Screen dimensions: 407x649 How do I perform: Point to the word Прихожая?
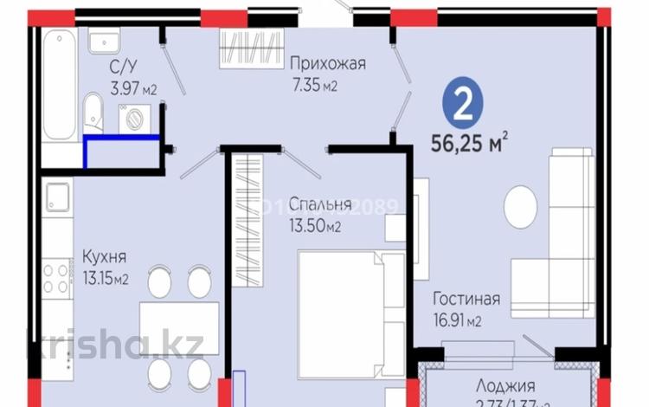click(x=328, y=63)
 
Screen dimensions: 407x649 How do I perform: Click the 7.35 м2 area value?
click(x=313, y=85)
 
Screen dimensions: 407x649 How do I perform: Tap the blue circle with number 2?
click(x=464, y=104)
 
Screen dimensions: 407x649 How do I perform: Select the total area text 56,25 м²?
click(x=468, y=141)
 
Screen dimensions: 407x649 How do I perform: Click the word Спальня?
click(x=319, y=205)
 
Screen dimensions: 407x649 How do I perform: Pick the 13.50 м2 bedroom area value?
click(x=315, y=227)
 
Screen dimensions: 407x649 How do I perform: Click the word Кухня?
click(x=105, y=256)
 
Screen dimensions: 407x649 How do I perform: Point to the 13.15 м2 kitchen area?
click(x=106, y=278)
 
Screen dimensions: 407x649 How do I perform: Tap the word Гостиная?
click(x=467, y=300)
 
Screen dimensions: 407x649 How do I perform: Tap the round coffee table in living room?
click(x=524, y=205)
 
